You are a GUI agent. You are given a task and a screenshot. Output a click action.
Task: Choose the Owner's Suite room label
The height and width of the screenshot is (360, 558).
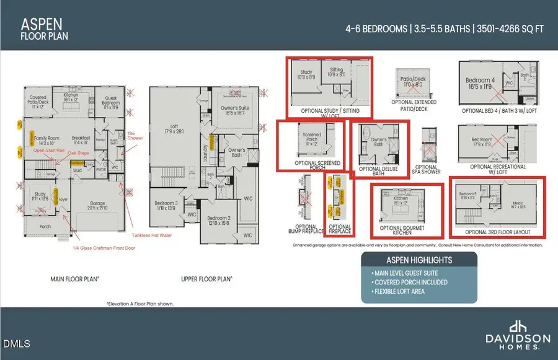[234, 111]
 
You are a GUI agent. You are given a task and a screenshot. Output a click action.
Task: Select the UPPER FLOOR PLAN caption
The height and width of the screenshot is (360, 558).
[206, 279]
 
